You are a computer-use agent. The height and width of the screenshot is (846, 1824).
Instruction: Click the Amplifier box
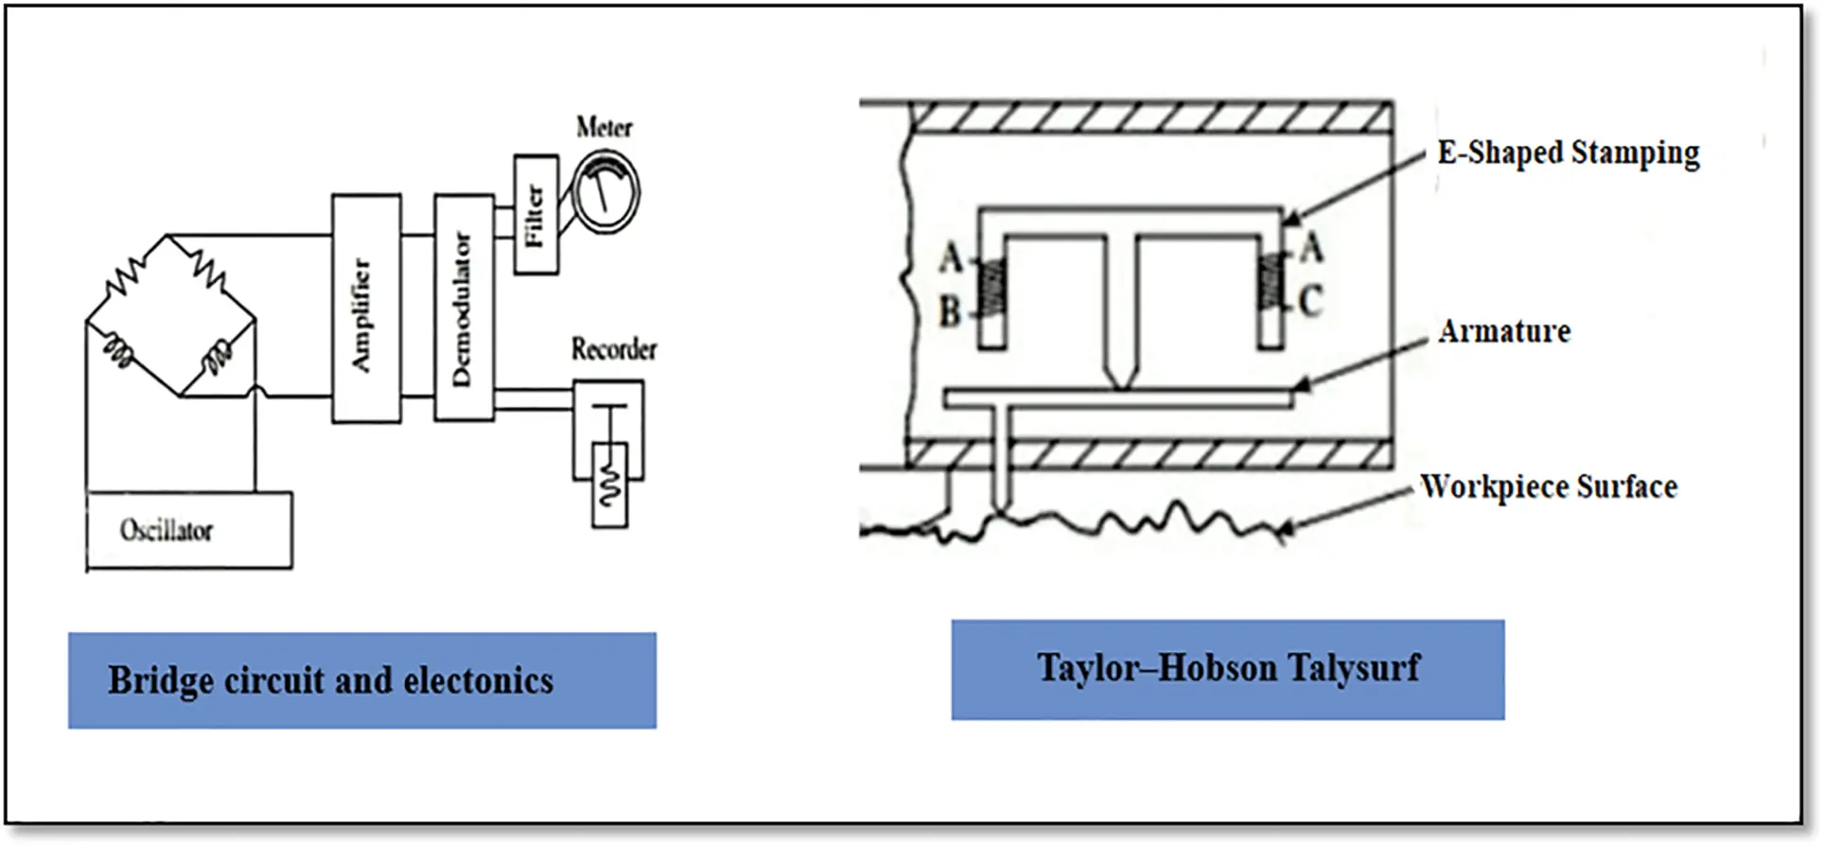(x=366, y=308)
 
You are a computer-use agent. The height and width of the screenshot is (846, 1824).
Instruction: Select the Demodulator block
(x=464, y=308)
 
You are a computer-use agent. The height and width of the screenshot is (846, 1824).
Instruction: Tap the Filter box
(x=535, y=215)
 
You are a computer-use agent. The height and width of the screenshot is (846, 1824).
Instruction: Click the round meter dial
(x=605, y=194)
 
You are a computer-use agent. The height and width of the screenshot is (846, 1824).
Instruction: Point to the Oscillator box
(x=189, y=530)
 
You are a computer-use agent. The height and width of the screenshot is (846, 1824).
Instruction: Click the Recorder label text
(x=613, y=349)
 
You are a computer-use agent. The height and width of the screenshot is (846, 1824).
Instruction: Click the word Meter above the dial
(x=604, y=127)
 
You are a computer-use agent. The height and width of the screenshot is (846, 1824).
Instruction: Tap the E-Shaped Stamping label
(x=1568, y=152)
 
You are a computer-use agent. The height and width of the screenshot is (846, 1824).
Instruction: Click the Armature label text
(x=1504, y=331)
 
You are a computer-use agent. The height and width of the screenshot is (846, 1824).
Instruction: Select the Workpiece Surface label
(x=1549, y=486)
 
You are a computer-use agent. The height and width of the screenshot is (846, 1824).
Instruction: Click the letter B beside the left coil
(x=950, y=312)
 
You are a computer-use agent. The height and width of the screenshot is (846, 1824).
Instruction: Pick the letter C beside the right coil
(x=1310, y=302)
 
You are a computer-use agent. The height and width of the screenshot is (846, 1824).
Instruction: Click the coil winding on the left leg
(x=991, y=289)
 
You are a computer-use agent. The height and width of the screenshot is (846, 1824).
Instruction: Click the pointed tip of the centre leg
(x=1121, y=383)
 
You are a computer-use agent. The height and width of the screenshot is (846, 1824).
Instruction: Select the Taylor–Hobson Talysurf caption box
(x=1227, y=669)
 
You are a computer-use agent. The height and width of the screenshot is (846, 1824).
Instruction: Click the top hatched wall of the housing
(x=1149, y=116)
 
